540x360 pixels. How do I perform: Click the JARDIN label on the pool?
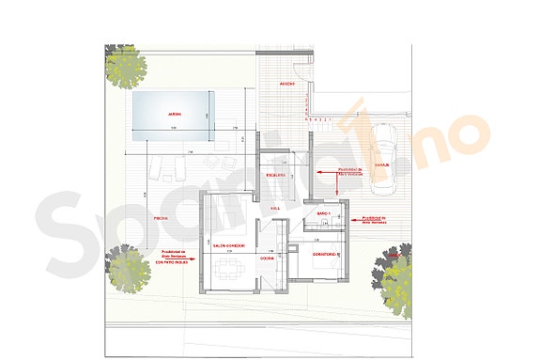174,115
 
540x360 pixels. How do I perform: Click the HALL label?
275,209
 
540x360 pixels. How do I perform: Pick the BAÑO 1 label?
324,215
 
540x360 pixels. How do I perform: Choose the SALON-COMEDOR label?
230,245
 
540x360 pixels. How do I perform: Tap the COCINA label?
267,258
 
